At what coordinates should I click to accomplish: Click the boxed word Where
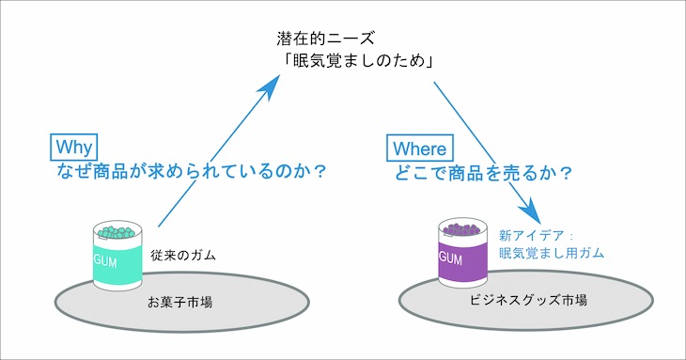coord(418,148)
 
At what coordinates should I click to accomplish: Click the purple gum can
coord(461,258)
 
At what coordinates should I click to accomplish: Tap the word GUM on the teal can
coord(104,260)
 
